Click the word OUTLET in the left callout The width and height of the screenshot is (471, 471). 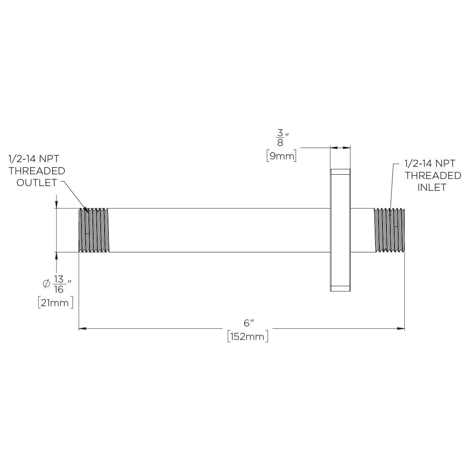pyautogui.click(x=37, y=183)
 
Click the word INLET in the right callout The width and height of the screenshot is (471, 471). pyautogui.click(x=432, y=188)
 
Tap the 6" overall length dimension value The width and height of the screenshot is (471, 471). pyautogui.click(x=249, y=323)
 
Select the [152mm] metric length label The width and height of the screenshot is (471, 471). pyautogui.click(x=248, y=336)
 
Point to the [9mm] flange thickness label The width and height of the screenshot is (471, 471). pyautogui.click(x=281, y=156)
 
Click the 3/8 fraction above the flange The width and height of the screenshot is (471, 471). pyautogui.click(x=280, y=138)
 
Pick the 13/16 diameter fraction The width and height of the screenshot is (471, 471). pyautogui.click(x=59, y=284)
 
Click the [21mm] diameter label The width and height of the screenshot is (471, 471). pyautogui.click(x=55, y=303)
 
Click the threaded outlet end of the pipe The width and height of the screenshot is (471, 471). pyautogui.click(x=94, y=230)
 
